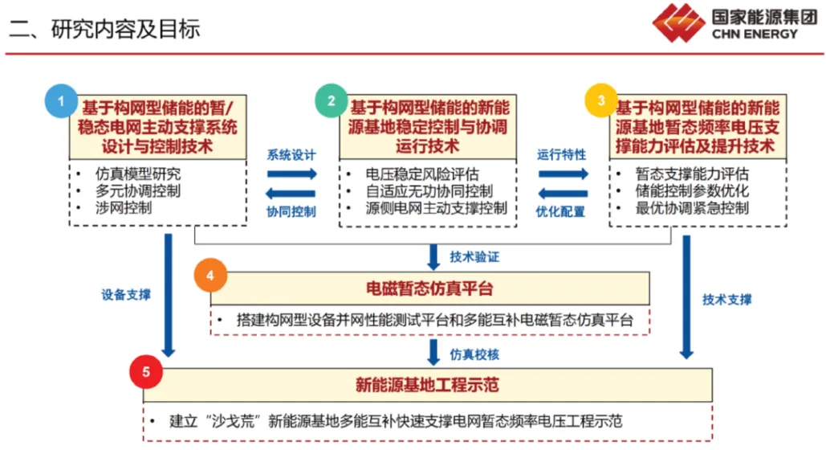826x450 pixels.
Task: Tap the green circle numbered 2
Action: coord(331,100)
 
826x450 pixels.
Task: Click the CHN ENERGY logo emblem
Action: coord(678,23)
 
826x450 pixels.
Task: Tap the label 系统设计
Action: coord(291,155)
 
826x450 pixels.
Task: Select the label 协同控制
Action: coord(291,211)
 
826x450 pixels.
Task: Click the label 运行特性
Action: coord(561,155)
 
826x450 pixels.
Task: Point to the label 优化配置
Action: coord(561,211)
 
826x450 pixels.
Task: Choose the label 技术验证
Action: coord(474,257)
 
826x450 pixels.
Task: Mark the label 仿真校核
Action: coord(474,354)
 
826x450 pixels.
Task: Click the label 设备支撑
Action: coord(126,295)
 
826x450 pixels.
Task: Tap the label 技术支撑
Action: coord(727,300)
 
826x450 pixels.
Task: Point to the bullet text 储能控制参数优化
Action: coord(681,191)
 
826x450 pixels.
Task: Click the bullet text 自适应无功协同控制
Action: coord(429,191)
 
